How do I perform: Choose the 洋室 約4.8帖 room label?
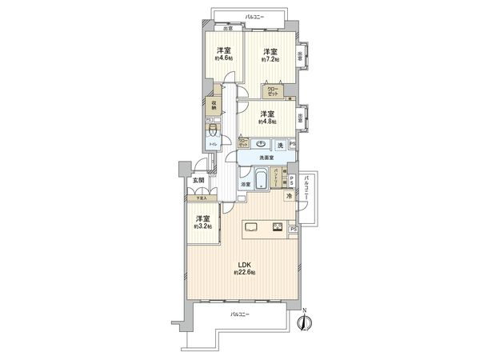pos(266,118)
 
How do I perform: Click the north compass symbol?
pos(303,322)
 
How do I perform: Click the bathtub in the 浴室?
pos(263,178)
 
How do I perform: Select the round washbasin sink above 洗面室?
pos(262,144)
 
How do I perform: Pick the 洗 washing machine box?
pos(280,145)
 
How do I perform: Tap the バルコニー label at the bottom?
pos(240,314)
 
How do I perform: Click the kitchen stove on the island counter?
pos(277,226)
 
